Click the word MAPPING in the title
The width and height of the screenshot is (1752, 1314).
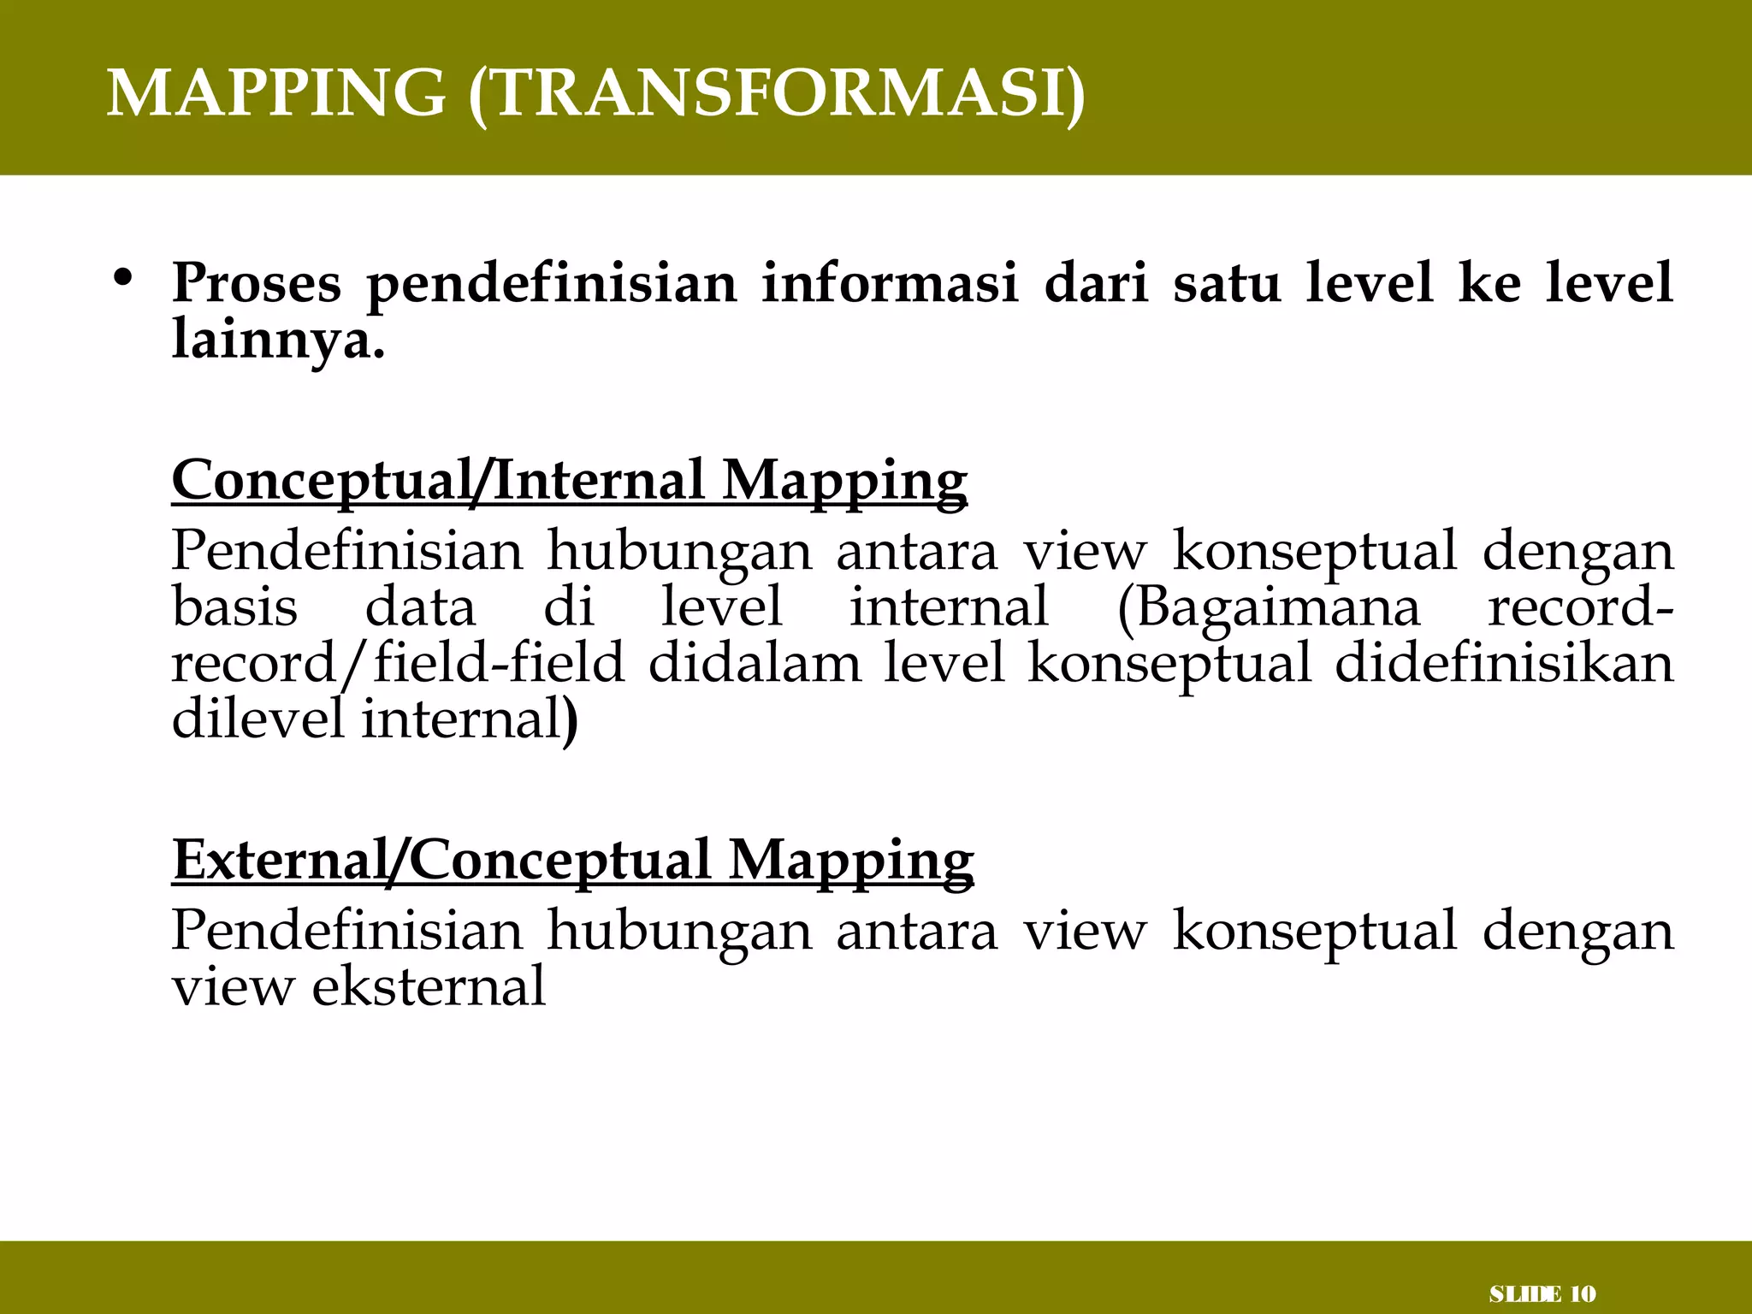coord(275,92)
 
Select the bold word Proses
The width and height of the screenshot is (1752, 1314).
coord(256,283)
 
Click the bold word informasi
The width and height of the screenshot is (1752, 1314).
coord(890,283)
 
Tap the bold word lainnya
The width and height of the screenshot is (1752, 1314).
coord(278,340)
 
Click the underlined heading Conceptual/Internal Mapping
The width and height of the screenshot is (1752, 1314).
coord(569,481)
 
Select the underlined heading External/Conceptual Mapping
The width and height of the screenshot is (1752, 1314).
coord(572,860)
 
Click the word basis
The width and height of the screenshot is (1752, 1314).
coord(234,607)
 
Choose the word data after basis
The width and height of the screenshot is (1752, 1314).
coord(420,607)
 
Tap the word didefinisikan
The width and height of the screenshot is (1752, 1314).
coord(1503,663)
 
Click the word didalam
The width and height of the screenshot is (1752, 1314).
coord(755,663)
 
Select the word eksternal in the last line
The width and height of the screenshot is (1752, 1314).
coord(428,986)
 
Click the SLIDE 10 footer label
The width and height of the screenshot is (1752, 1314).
coord(1542,1294)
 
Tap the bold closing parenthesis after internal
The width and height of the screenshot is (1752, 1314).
coord(571,720)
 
